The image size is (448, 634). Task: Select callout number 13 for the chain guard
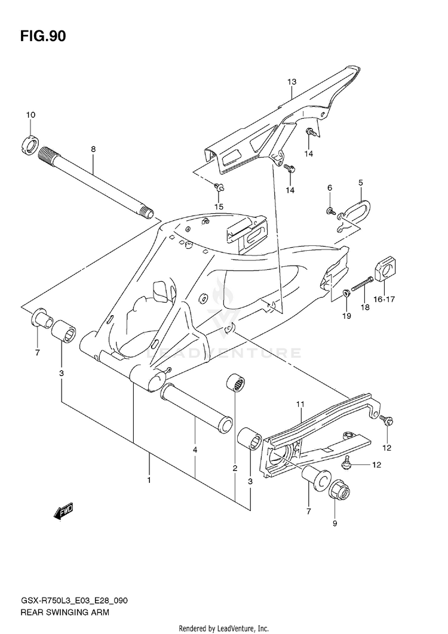point(291,81)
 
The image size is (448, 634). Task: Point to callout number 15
point(219,207)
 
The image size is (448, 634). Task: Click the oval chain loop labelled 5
point(360,211)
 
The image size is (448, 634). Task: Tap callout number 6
point(329,188)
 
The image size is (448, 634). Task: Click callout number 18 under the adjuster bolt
point(366,307)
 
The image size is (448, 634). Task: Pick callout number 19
point(346,316)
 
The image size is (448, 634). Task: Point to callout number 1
point(149,479)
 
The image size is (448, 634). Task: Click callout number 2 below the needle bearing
point(235,467)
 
